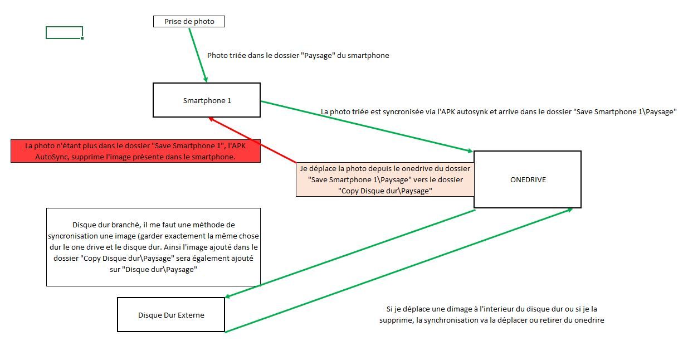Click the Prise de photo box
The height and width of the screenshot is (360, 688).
pyautogui.click(x=189, y=22)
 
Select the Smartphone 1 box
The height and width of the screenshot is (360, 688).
pyautogui.click(x=206, y=100)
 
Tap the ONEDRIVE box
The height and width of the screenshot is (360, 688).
pyautogui.click(x=528, y=179)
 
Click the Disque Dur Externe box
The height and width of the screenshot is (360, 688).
pyautogui.click(x=171, y=314)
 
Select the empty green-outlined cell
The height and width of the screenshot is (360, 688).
pyautogui.click(x=64, y=32)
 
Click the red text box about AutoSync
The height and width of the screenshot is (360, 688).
pyautogui.click(x=135, y=151)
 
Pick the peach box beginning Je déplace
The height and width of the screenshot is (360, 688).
pyautogui.click(x=385, y=179)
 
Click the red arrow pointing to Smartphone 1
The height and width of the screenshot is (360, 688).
pyautogui.click(x=252, y=140)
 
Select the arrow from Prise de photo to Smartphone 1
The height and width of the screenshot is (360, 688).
pyautogui.click(x=198, y=55)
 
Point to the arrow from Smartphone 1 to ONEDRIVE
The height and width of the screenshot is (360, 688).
pyautogui.click(x=367, y=127)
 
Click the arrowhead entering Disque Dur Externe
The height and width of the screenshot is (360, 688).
pyautogui.click(x=228, y=296)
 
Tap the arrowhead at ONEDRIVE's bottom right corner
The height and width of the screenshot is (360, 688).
pyautogui.click(x=570, y=210)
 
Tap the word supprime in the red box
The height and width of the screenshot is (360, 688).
pyautogui.click(x=85, y=157)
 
